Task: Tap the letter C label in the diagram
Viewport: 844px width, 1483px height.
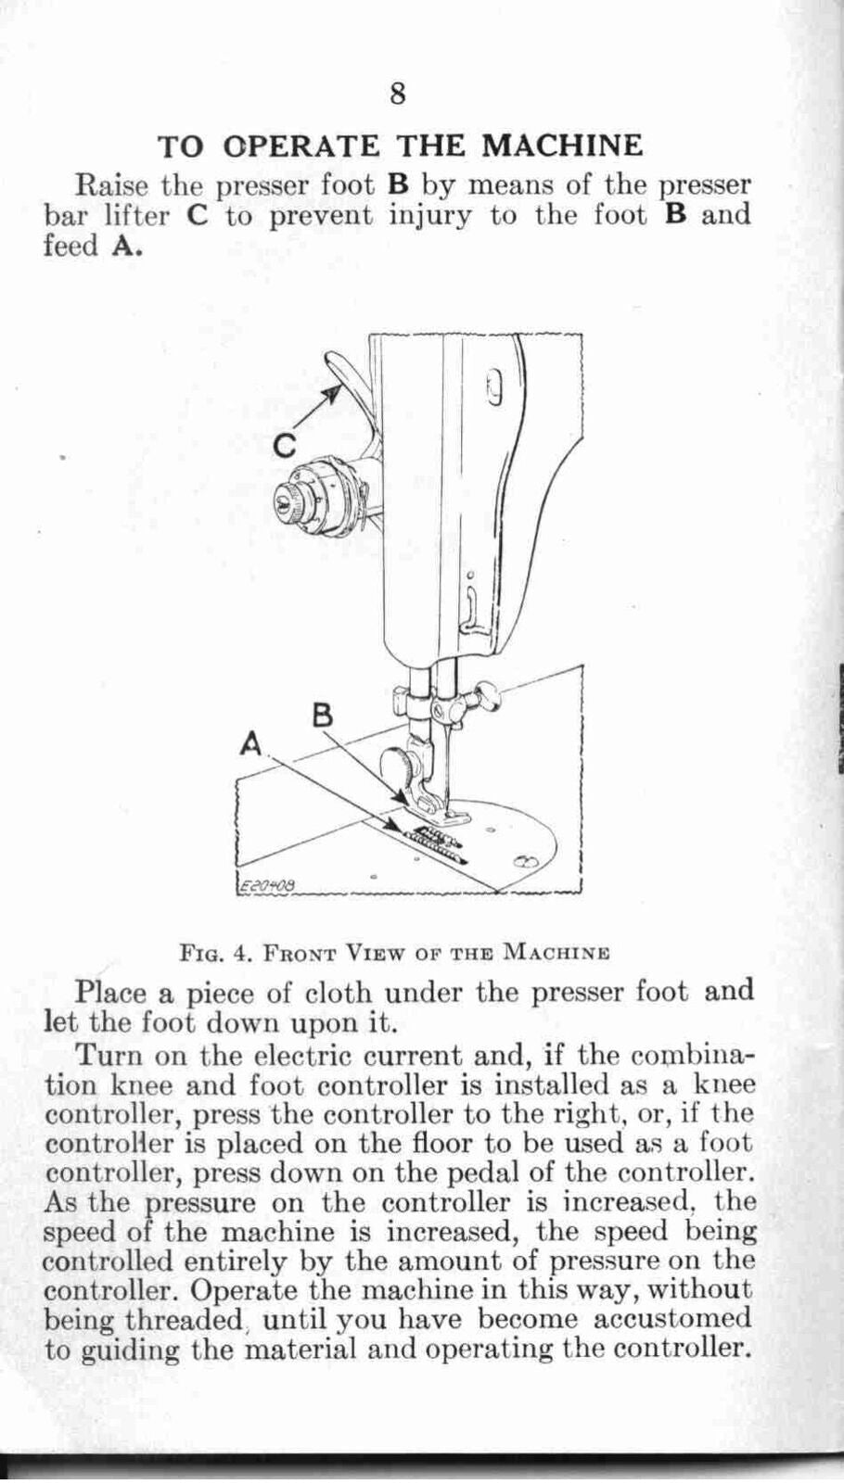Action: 284,447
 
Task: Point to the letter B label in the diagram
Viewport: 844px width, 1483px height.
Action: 323,715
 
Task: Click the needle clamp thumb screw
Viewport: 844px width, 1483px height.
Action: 484,693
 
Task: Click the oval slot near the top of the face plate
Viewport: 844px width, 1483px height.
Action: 494,387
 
